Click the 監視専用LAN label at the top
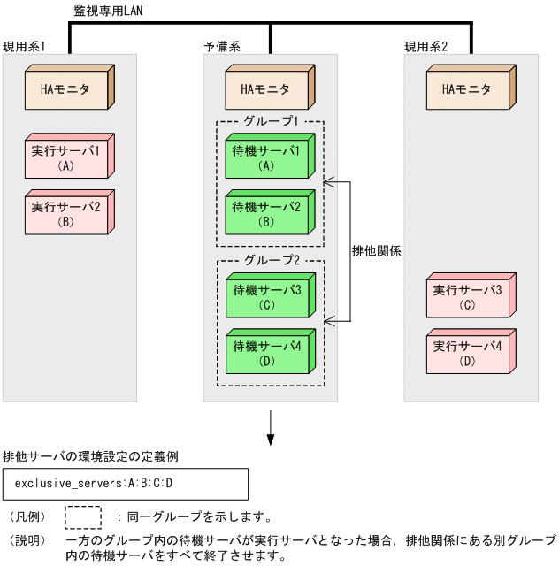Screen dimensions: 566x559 110,11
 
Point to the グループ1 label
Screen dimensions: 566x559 270,121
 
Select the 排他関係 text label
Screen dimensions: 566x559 377,250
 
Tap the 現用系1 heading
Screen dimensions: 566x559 24,46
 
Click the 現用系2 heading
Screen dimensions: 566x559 425,46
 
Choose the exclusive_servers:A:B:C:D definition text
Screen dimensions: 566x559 94,484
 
